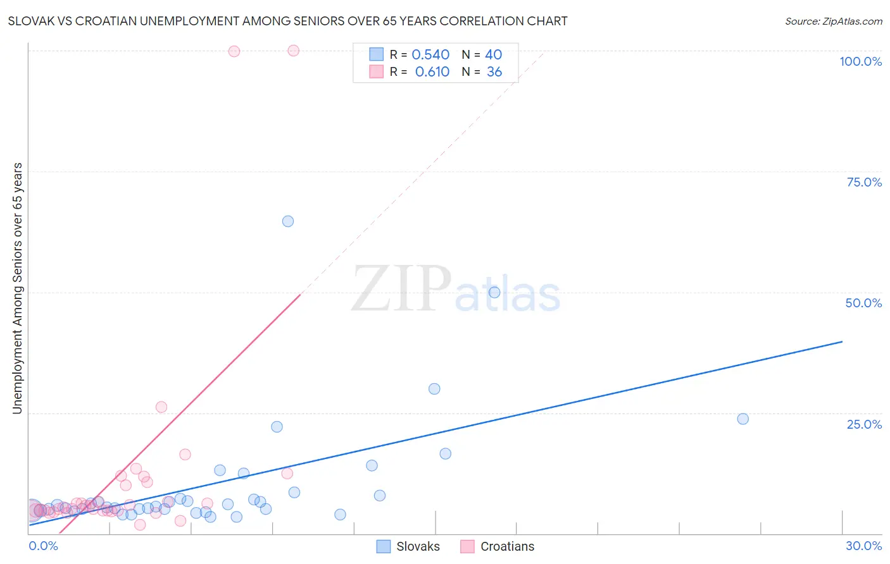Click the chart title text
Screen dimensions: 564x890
(x=287, y=21)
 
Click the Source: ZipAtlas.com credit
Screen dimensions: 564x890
(x=833, y=21)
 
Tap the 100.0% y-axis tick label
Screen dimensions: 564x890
(x=860, y=61)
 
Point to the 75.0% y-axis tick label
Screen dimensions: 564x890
(x=864, y=182)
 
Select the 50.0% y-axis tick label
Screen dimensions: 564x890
(x=863, y=303)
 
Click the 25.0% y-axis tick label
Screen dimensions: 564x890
(x=864, y=424)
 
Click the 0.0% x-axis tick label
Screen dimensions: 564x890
(x=43, y=546)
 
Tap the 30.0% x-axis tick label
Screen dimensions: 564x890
(x=863, y=546)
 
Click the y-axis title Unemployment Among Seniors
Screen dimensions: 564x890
(x=17, y=288)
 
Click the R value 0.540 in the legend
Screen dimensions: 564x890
(x=430, y=55)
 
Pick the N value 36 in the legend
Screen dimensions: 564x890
(x=494, y=72)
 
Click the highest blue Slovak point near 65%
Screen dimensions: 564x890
(x=288, y=221)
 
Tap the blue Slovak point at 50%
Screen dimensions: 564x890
(x=494, y=292)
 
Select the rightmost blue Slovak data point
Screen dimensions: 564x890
(x=743, y=419)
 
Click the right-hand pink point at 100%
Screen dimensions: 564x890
(x=293, y=51)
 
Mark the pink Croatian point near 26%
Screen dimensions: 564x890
(x=161, y=407)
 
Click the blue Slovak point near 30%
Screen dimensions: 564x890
(x=434, y=389)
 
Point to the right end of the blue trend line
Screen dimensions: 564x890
(x=842, y=341)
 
